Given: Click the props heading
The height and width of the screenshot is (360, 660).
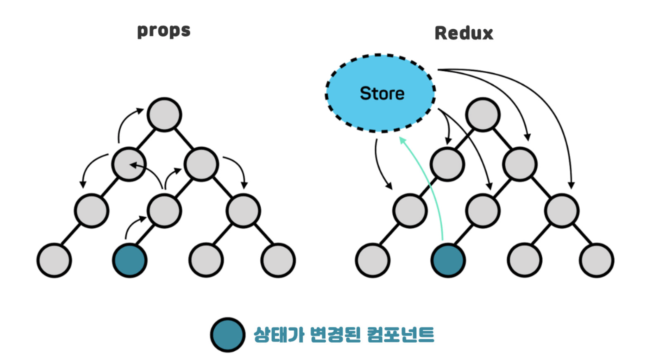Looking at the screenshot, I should pos(164,31).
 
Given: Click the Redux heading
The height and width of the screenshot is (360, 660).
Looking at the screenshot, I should pos(463,33).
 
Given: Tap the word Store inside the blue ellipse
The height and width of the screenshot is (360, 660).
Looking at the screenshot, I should pos(382,93).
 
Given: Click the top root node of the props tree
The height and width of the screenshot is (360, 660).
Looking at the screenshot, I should pos(164,115).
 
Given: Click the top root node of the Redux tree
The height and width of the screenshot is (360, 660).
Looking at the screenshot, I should pos(483,115).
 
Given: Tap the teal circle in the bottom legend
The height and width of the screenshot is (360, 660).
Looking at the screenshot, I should pos(227,334).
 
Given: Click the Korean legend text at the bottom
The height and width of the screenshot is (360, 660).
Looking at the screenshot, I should pos(344,334).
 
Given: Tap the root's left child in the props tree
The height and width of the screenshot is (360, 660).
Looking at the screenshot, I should pos(128,163).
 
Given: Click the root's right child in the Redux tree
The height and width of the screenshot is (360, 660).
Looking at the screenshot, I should pos(520,163).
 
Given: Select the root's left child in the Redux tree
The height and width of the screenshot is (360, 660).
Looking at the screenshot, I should pos(446,163).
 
